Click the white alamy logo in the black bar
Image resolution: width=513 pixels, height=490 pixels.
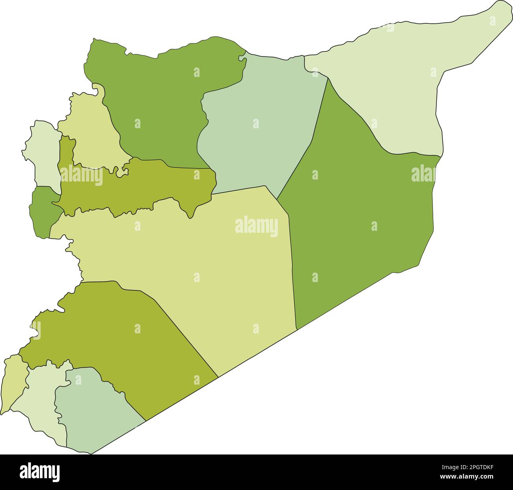pos(39,472)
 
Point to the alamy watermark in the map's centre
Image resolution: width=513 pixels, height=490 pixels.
pos(256,227)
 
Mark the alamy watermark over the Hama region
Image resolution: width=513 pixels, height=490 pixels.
pos(81,176)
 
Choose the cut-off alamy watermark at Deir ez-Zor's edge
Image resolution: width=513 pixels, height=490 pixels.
pos(424,174)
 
